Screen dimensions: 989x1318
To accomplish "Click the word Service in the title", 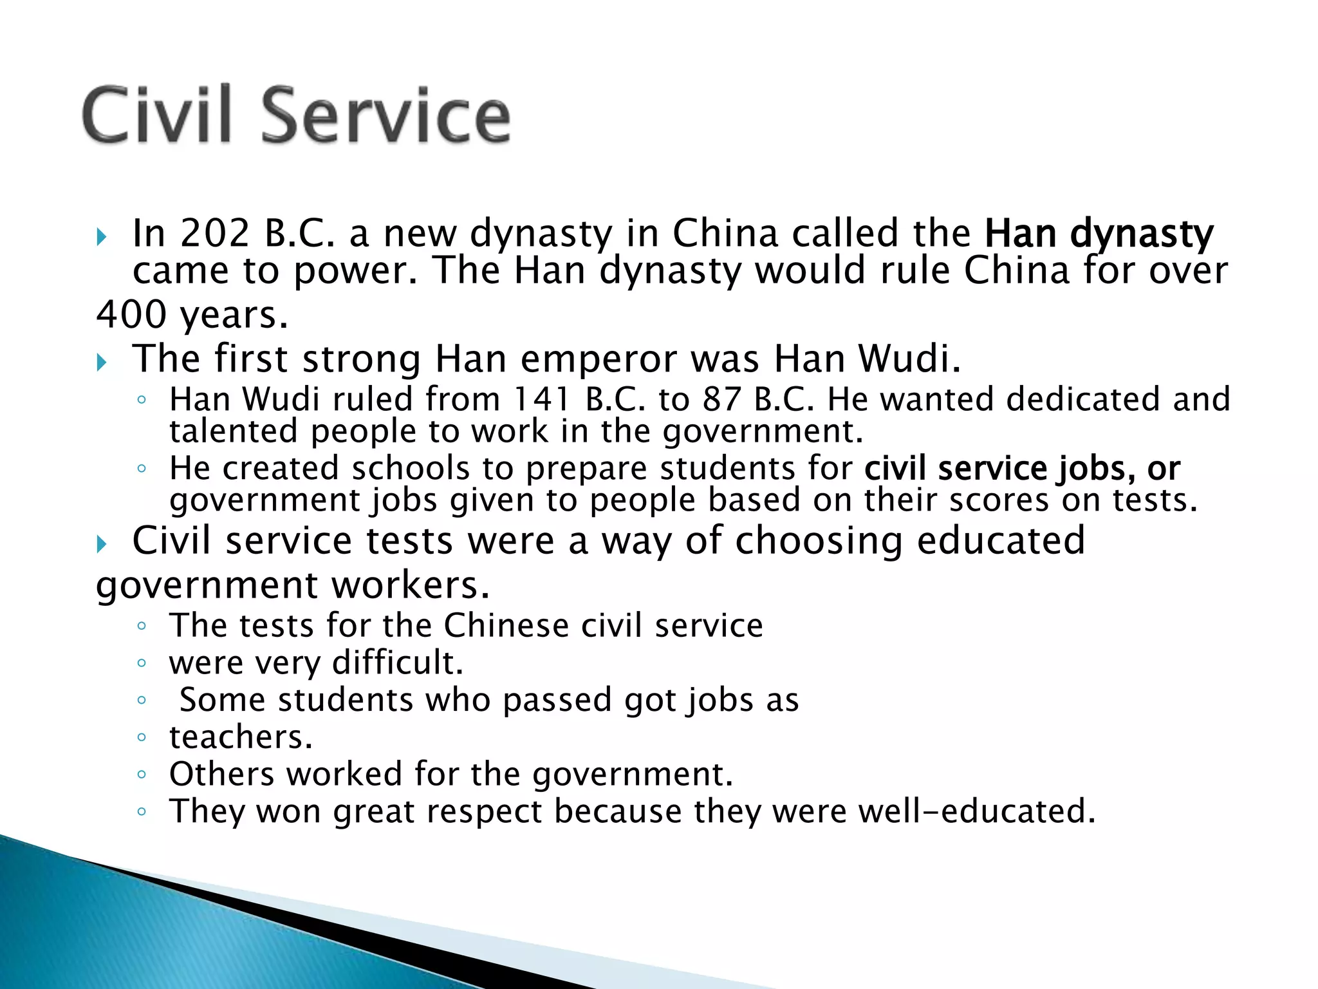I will click(386, 116).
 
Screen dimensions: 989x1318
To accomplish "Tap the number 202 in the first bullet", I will click(214, 233).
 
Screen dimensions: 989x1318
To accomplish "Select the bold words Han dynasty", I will click(1099, 234).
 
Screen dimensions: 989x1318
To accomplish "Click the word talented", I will click(234, 431).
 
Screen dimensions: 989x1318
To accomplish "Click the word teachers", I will click(241, 737).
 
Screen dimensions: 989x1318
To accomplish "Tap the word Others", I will click(221, 774).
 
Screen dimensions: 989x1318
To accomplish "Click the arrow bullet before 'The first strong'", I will click(101, 363).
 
